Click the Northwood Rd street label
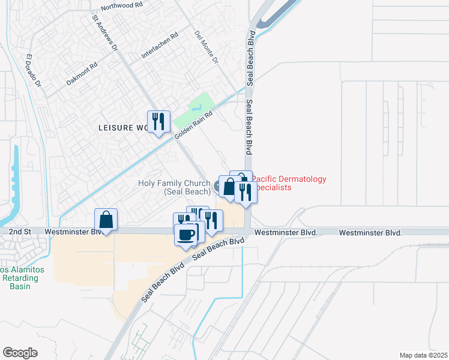[121, 5]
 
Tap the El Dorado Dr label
[33, 73]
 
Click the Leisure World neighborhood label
[124, 127]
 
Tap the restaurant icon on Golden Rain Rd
[158, 122]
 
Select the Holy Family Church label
[174, 187]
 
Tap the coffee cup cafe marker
[186, 234]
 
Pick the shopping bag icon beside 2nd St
[106, 220]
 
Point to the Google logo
[20, 353]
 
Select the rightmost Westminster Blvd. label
[369, 232]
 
